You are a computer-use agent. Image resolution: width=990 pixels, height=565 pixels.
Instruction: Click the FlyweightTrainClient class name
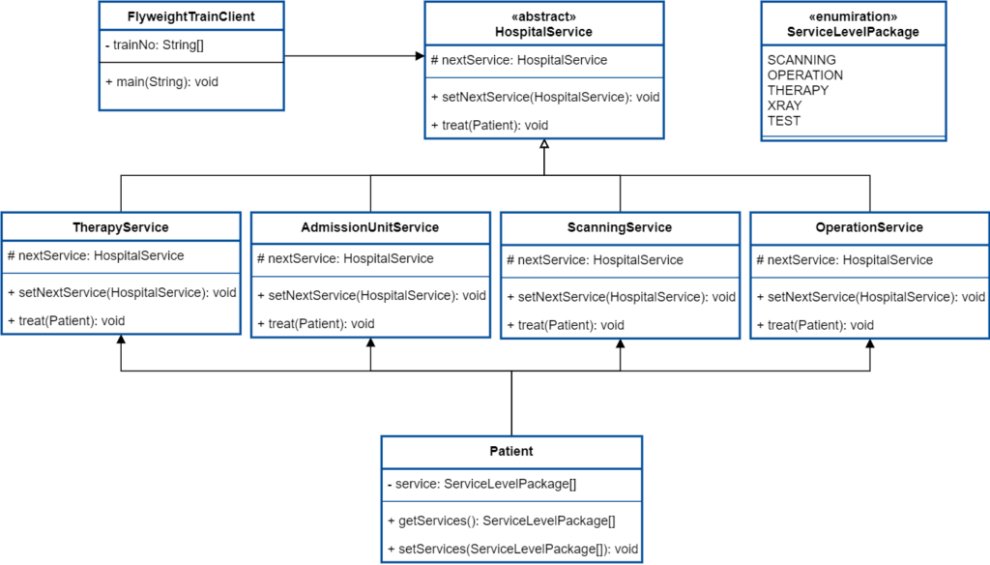[191, 17]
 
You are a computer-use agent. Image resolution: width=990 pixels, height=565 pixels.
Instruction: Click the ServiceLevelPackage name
[853, 32]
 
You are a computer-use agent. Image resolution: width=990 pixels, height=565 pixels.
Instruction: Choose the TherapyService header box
[121, 227]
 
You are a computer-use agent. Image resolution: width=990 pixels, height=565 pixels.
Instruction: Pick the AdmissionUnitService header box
[370, 227]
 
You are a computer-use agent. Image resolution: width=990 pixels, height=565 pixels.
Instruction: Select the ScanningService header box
[620, 227]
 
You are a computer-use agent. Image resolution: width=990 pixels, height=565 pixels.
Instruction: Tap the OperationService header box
[869, 227]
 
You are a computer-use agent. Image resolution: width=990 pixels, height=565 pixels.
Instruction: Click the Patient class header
[511, 452]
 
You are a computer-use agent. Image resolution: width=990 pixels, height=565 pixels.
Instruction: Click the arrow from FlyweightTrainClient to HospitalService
[354, 56]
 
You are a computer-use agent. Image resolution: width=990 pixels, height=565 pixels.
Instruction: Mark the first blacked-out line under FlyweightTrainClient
[153, 46]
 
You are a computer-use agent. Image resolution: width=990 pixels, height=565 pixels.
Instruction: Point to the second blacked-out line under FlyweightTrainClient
[160, 82]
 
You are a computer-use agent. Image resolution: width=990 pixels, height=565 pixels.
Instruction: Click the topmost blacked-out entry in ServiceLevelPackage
[800, 60]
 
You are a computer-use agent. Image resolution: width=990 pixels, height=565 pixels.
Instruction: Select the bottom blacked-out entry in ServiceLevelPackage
[782, 120]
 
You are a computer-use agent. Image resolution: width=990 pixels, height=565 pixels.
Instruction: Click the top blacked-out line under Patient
[480, 483]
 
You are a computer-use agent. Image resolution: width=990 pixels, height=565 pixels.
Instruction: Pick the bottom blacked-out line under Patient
[510, 550]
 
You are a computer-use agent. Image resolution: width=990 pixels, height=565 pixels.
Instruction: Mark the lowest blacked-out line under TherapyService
[64, 322]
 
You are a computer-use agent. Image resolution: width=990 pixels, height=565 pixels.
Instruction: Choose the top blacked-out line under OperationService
[842, 260]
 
